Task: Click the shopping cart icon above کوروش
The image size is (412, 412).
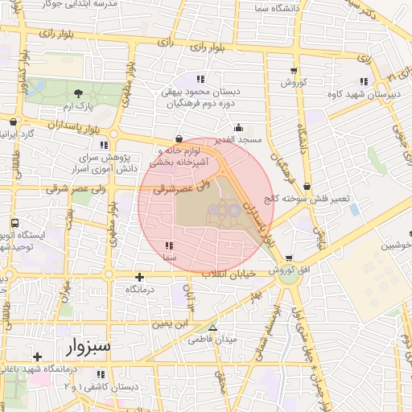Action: pyautogui.click(x=293, y=71)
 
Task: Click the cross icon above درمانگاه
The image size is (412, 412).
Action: pyautogui.click(x=141, y=276)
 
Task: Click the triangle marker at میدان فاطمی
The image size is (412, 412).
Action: pyautogui.click(x=212, y=328)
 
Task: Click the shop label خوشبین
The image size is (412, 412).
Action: pyautogui.click(x=395, y=245)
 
